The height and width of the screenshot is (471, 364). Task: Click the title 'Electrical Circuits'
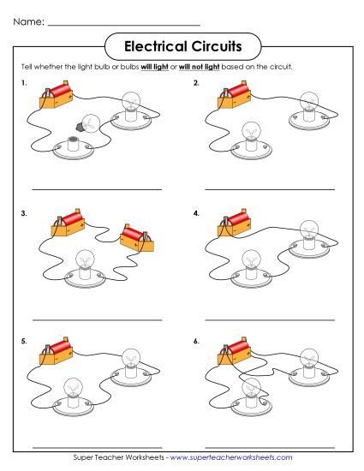click(182, 44)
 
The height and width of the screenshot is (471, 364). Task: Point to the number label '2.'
click(196, 83)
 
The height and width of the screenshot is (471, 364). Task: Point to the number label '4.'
click(196, 212)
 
